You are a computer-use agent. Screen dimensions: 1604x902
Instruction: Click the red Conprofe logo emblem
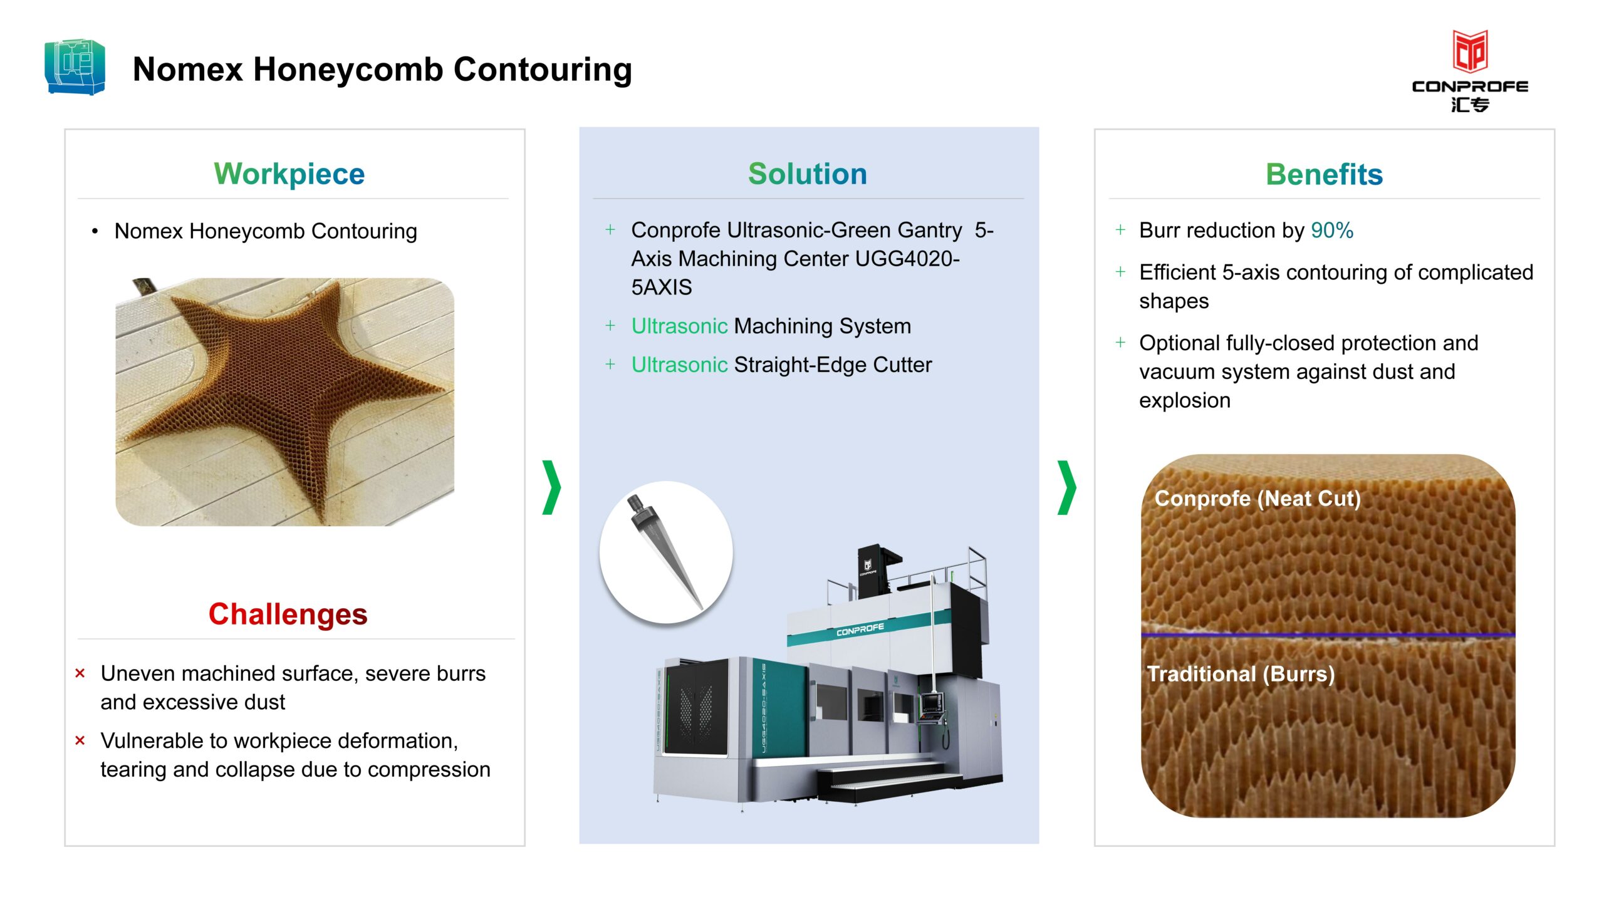1470,51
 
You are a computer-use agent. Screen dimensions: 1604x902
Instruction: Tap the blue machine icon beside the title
75,67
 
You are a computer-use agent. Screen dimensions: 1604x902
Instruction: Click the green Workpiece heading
289,174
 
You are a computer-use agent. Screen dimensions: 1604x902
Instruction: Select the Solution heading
808,174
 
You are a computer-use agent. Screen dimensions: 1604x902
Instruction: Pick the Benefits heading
1324,174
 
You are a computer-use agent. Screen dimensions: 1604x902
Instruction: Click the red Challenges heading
288,614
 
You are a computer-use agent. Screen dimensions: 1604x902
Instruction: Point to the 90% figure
1332,231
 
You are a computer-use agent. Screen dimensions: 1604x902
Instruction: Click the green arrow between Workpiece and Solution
552,487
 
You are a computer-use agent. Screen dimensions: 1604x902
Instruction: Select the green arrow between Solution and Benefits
1067,487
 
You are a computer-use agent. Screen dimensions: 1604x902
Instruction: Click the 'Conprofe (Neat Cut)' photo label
1258,499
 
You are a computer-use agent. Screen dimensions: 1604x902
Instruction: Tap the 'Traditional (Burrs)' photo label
1241,674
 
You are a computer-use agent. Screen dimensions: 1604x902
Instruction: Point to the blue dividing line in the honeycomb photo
1328,635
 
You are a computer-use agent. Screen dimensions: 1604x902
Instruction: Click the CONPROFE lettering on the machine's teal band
860,630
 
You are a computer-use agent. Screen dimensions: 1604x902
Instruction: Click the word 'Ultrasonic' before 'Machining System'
679,326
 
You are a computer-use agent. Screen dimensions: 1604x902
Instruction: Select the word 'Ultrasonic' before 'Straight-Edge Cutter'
679,365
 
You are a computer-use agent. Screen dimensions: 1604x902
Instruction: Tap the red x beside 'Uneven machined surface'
80,673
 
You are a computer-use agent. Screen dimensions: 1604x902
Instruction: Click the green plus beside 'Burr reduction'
1120,230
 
